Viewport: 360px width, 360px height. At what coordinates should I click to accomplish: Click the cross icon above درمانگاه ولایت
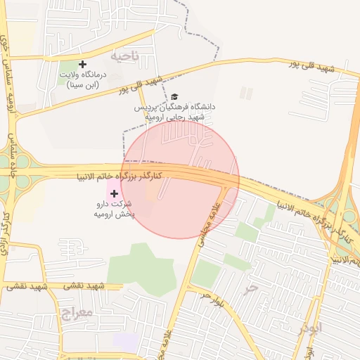coord(83,64)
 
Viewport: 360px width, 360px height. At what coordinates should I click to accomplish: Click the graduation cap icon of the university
coord(174,96)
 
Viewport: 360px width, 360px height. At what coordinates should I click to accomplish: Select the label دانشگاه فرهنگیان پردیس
coord(175,107)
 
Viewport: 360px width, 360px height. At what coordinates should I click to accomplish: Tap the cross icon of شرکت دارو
coord(115,193)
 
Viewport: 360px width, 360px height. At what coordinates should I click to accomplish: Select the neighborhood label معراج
coord(77,311)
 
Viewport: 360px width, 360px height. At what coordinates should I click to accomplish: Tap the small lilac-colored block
coord(126,342)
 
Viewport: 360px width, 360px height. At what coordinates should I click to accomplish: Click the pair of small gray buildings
coord(246,93)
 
